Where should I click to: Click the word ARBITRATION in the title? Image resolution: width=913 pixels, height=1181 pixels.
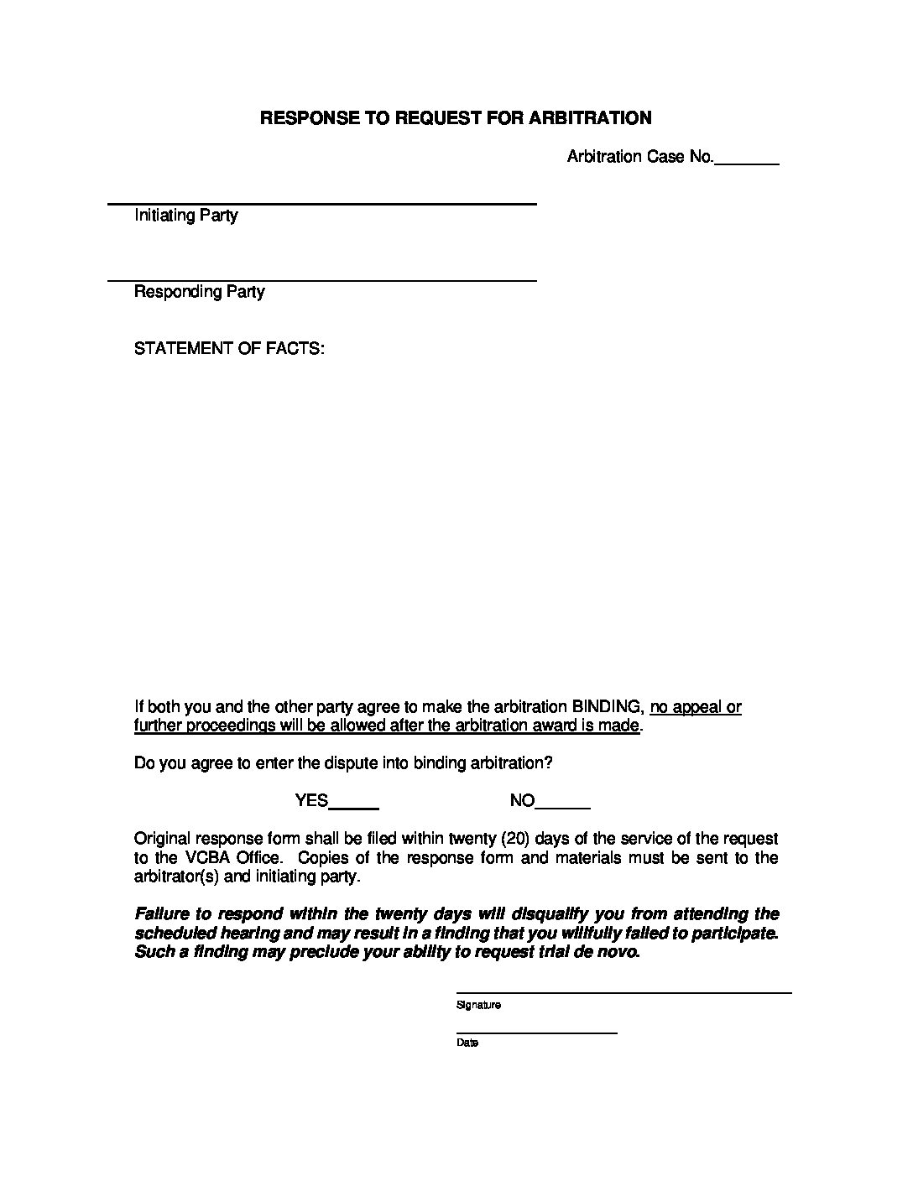(590, 117)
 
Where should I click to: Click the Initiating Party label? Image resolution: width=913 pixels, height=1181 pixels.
(186, 216)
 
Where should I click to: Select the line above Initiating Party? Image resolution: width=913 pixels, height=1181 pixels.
(322, 204)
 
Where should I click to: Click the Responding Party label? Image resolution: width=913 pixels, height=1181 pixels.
(200, 292)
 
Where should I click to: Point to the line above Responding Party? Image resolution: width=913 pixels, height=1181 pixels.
(322, 280)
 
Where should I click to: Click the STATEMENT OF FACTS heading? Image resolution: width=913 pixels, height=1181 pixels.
(229, 348)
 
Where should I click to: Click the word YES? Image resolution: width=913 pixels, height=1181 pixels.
(311, 801)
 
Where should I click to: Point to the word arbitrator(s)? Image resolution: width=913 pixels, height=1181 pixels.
(175, 877)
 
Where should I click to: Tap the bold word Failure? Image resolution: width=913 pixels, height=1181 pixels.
(161, 914)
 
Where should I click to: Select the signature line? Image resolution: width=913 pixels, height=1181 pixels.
(623, 993)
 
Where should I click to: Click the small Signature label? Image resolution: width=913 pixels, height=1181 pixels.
(478, 1005)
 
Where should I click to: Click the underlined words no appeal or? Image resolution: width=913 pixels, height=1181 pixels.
(696, 707)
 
